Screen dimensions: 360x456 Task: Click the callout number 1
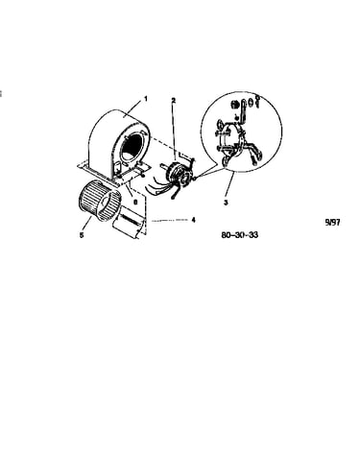[x=146, y=99]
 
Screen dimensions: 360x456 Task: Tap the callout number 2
[x=174, y=101]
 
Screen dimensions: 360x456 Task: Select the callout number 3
[x=226, y=203]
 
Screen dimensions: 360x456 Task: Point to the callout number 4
[x=193, y=220]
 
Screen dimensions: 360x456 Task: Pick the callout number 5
[x=82, y=235]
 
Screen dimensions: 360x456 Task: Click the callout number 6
[x=135, y=203]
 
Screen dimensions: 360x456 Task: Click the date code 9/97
[x=332, y=223]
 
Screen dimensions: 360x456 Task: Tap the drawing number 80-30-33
[x=240, y=235]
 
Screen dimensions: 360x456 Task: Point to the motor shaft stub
[x=164, y=166]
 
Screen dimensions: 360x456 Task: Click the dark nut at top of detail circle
[x=235, y=105]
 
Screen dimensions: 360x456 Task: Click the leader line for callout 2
[x=174, y=132]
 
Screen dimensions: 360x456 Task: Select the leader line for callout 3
[x=230, y=185]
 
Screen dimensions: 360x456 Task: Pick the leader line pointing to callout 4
[x=170, y=220]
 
